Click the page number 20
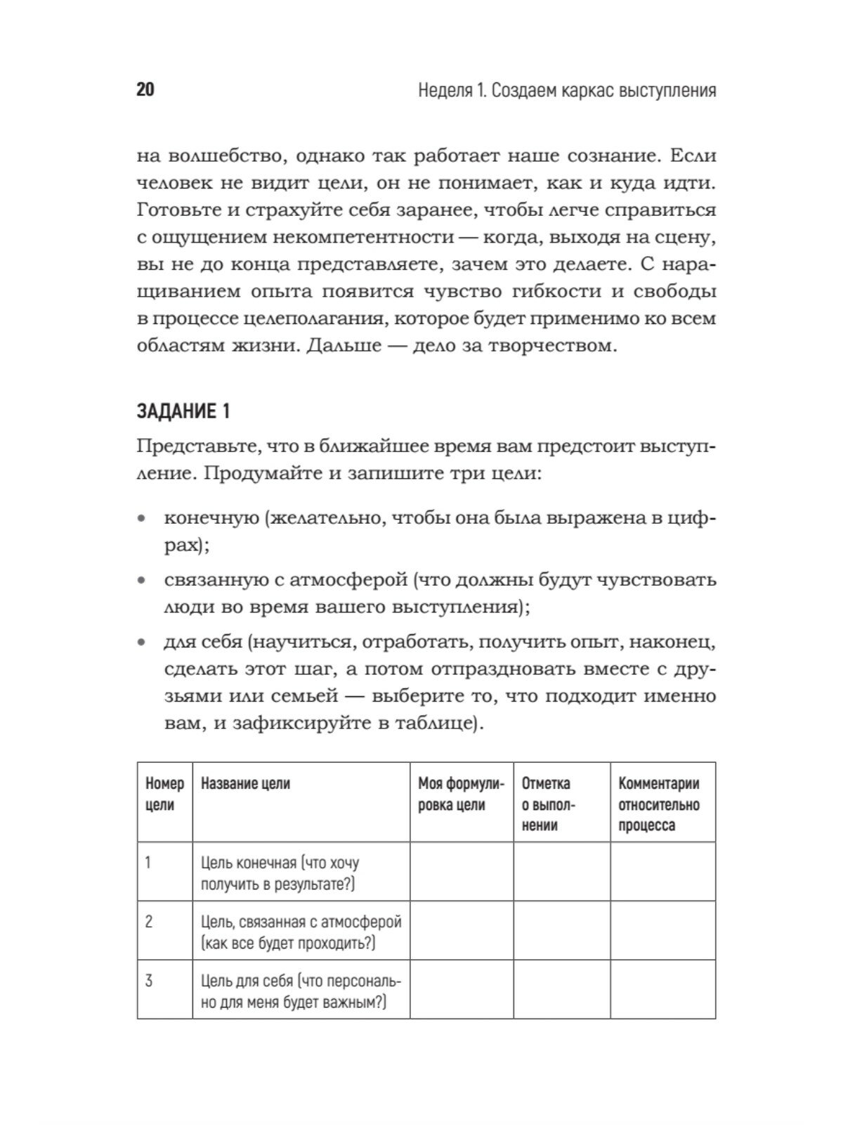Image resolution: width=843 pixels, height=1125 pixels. click(145, 90)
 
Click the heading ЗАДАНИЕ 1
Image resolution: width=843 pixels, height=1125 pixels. click(183, 411)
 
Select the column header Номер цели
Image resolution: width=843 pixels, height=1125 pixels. click(164, 794)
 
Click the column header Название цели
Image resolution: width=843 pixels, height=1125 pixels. click(245, 783)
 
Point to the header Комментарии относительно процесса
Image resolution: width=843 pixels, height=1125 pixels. click(659, 804)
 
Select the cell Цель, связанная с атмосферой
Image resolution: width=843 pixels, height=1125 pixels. click(301, 932)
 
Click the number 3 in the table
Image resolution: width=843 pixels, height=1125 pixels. click(148, 980)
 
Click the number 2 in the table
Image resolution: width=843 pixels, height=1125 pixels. click(148, 921)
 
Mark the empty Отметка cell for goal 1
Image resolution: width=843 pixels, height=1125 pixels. click(562, 872)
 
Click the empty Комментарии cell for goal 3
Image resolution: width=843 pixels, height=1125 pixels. click(662, 989)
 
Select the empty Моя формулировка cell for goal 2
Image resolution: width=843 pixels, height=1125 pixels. click(462, 930)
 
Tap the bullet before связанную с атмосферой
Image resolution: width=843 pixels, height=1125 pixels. click(142, 581)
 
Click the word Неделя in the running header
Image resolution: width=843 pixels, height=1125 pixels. click(445, 91)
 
